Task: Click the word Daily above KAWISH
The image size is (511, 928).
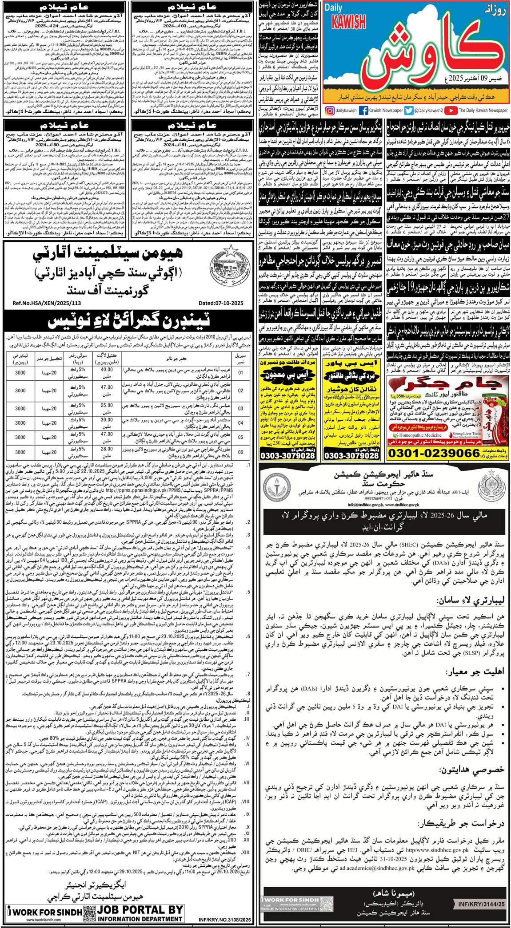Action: click(x=333, y=8)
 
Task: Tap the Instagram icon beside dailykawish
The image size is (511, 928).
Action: click(x=330, y=111)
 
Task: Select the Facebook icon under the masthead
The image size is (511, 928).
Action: click(x=363, y=111)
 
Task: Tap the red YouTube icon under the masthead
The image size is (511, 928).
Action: click(x=451, y=111)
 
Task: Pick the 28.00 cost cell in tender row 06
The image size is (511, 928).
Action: click(x=107, y=452)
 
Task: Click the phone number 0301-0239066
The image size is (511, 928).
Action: click(x=433, y=453)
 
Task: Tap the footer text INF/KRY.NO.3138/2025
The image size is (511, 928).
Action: click(x=225, y=920)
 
